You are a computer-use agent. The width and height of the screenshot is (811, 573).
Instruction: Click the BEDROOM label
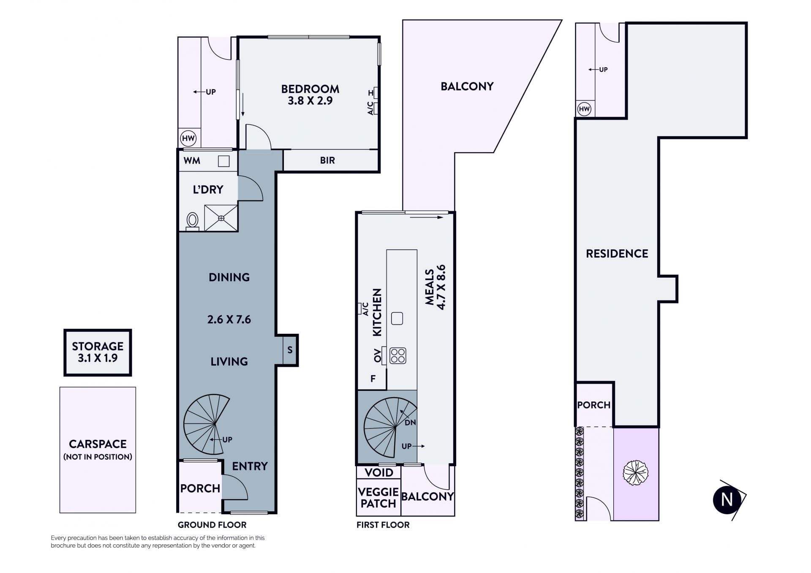(x=310, y=89)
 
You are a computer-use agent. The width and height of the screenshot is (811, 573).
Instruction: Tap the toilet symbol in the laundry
(x=193, y=221)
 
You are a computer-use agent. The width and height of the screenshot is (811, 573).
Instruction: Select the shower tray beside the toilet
(x=221, y=218)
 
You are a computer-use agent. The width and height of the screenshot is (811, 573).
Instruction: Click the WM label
(x=192, y=161)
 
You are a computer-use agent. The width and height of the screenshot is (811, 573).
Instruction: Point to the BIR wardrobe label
(x=327, y=161)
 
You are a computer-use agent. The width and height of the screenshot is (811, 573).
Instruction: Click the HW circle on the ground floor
(x=188, y=138)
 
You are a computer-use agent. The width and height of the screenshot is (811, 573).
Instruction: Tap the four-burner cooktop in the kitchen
(x=397, y=356)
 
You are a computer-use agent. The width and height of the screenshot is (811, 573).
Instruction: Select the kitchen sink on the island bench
(x=397, y=318)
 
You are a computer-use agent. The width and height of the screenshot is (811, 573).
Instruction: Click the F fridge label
(x=373, y=379)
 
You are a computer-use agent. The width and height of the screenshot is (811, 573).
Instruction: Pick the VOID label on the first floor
(x=379, y=472)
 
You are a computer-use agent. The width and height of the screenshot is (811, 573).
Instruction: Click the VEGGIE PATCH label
(x=378, y=498)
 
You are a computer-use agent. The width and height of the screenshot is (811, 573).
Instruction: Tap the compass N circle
(x=727, y=500)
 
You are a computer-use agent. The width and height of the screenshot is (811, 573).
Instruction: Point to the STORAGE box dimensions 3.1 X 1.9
(x=98, y=358)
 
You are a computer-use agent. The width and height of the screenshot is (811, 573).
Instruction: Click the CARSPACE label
(x=98, y=444)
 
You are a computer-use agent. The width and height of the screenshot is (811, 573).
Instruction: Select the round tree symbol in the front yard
(x=635, y=473)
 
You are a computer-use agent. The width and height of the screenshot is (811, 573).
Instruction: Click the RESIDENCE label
(x=617, y=254)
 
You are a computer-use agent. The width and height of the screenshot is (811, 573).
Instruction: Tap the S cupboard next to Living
(x=290, y=350)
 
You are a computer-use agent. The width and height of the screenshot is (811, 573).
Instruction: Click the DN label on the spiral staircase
(x=410, y=422)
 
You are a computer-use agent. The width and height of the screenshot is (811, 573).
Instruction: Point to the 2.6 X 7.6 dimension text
(x=229, y=319)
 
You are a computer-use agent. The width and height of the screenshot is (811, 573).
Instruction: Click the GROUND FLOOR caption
(x=212, y=525)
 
